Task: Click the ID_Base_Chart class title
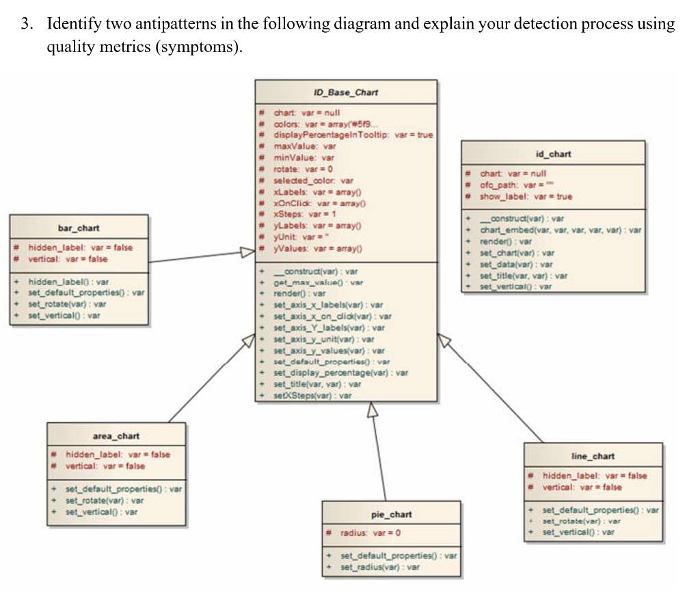point(345,92)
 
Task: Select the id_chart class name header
point(553,154)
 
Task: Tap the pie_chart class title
point(391,514)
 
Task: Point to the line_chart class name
point(593,456)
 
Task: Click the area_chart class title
point(116,435)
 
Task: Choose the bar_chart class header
point(79,227)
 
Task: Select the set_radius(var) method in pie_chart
point(380,567)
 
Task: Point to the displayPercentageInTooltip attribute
point(353,135)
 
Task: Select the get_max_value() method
point(318,282)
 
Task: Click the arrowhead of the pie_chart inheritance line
point(372,409)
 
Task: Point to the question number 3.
point(25,25)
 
